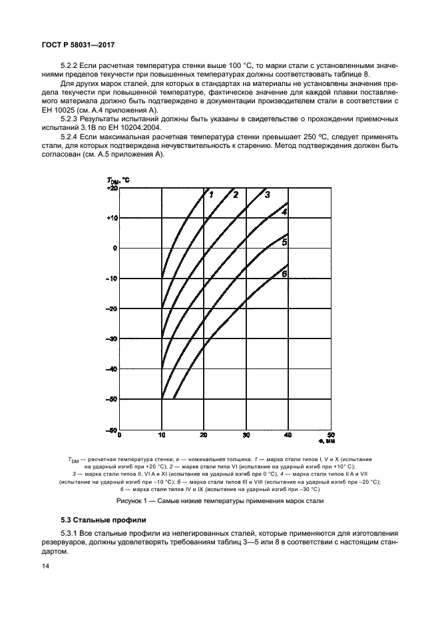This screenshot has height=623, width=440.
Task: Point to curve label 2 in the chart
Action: (x=235, y=195)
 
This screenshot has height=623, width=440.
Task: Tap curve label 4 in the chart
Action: (x=284, y=211)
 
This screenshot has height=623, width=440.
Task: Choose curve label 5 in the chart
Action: (x=284, y=243)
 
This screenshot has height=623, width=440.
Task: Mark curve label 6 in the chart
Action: (x=284, y=274)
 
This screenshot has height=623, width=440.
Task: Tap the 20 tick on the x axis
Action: (x=204, y=436)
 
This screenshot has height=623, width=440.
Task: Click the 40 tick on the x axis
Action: (x=288, y=436)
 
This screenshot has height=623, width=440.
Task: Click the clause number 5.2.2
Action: (x=70, y=67)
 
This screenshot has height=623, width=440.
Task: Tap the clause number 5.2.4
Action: (x=70, y=136)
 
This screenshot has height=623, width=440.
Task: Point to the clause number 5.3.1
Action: (x=70, y=533)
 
